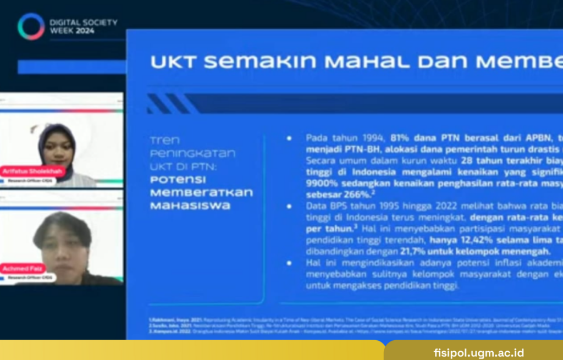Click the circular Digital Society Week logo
(x=31, y=26)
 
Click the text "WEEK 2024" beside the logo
(x=72, y=31)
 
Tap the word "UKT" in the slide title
(x=173, y=62)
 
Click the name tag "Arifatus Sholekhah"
(x=33, y=171)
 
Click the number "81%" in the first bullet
(x=401, y=137)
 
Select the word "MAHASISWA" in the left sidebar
(x=190, y=206)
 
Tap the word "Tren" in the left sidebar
(x=165, y=140)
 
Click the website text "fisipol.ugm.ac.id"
(x=478, y=352)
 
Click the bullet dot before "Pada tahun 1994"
(x=289, y=138)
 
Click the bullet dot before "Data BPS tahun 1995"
(x=289, y=206)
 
